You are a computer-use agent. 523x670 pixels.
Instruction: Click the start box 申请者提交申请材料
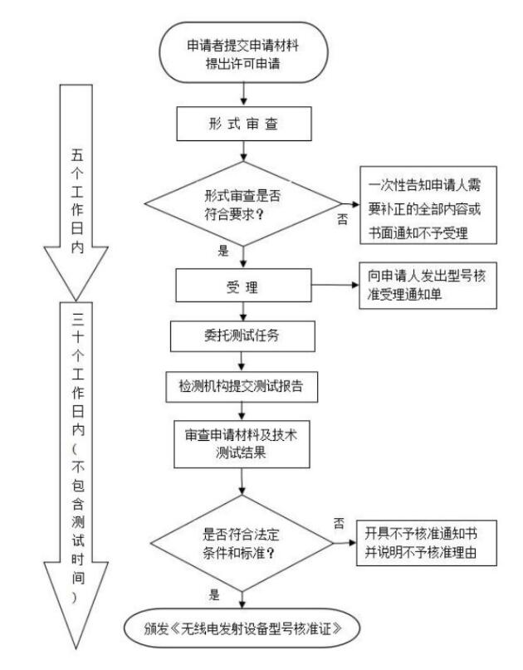click(x=242, y=53)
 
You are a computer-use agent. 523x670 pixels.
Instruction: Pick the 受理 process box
click(x=242, y=286)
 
